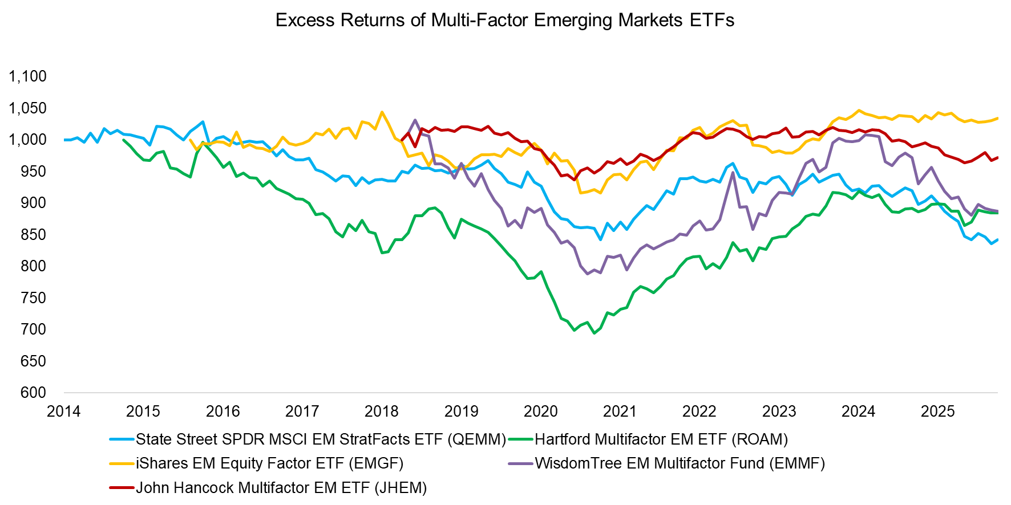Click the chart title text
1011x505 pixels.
(504, 20)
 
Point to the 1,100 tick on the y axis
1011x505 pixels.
(27, 76)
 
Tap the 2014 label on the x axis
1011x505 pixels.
(63, 411)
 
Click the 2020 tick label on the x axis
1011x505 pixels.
(540, 411)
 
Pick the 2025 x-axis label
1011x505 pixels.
(937, 411)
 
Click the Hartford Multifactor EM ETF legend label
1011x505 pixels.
(661, 439)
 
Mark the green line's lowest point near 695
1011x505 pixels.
(594, 333)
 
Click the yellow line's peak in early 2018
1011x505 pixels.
(382, 112)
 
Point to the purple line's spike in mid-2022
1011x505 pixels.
(733, 172)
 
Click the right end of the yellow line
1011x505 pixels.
(997, 118)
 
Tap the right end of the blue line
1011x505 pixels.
(997, 239)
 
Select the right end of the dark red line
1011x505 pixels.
(997, 157)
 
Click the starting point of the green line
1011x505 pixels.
(124, 140)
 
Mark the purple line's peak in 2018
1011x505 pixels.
(415, 120)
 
